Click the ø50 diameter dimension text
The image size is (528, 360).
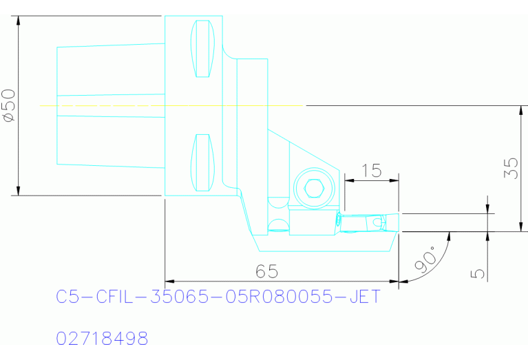(9, 105)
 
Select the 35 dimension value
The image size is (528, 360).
(511, 169)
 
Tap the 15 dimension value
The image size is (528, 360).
(371, 170)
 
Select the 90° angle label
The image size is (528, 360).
(425, 260)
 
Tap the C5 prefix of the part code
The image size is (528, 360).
(67, 298)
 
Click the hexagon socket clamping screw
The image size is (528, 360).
(313, 188)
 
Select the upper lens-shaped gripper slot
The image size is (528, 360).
(202, 49)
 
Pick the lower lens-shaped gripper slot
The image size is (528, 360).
(202, 162)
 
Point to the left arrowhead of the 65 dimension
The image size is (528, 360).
(170, 281)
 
